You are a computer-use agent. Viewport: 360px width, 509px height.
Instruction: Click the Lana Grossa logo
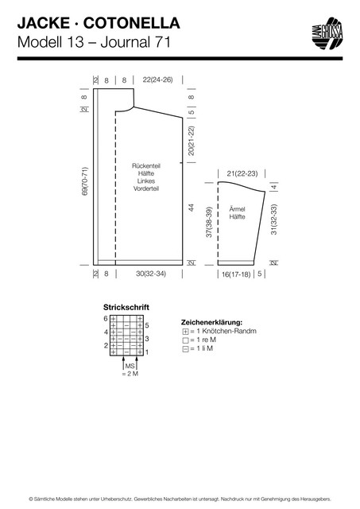pyautogui.click(x=327, y=33)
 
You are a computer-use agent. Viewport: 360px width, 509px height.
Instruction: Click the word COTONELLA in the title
pyautogui.click(x=131, y=23)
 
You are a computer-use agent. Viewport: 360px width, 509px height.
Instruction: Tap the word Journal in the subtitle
pyautogui.click(x=126, y=42)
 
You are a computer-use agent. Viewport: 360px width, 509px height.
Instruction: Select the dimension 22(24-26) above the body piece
pyautogui.click(x=157, y=80)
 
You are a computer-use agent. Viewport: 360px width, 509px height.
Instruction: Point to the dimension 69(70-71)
pyautogui.click(x=85, y=181)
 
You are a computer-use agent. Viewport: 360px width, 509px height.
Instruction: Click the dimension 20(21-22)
pyautogui.click(x=192, y=141)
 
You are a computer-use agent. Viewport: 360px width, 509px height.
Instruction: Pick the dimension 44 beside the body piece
pyautogui.click(x=192, y=208)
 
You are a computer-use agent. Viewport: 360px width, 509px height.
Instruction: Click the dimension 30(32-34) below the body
pyautogui.click(x=151, y=274)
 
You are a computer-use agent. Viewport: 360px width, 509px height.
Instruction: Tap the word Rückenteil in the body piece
pyautogui.click(x=146, y=165)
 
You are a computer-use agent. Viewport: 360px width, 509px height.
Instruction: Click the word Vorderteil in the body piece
pyautogui.click(x=146, y=188)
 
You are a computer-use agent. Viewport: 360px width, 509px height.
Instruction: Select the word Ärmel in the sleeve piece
pyautogui.click(x=237, y=209)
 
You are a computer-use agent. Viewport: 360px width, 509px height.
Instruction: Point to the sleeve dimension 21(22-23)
pyautogui.click(x=242, y=173)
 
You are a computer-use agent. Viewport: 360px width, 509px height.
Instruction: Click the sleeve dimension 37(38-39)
pyautogui.click(x=209, y=222)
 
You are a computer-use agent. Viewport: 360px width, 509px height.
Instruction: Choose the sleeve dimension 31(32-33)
pyautogui.click(x=274, y=220)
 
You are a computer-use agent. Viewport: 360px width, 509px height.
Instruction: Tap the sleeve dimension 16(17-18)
pyautogui.click(x=236, y=274)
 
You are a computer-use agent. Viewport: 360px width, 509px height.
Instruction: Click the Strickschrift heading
pyautogui.click(x=126, y=307)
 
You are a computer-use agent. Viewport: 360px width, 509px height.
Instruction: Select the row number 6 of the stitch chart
pyautogui.click(x=106, y=318)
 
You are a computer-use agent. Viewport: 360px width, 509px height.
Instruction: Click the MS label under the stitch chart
pyautogui.click(x=130, y=366)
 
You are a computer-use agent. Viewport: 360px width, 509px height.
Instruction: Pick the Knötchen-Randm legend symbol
pyautogui.click(x=185, y=332)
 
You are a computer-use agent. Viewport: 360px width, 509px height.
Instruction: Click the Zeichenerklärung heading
pyautogui.click(x=211, y=323)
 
